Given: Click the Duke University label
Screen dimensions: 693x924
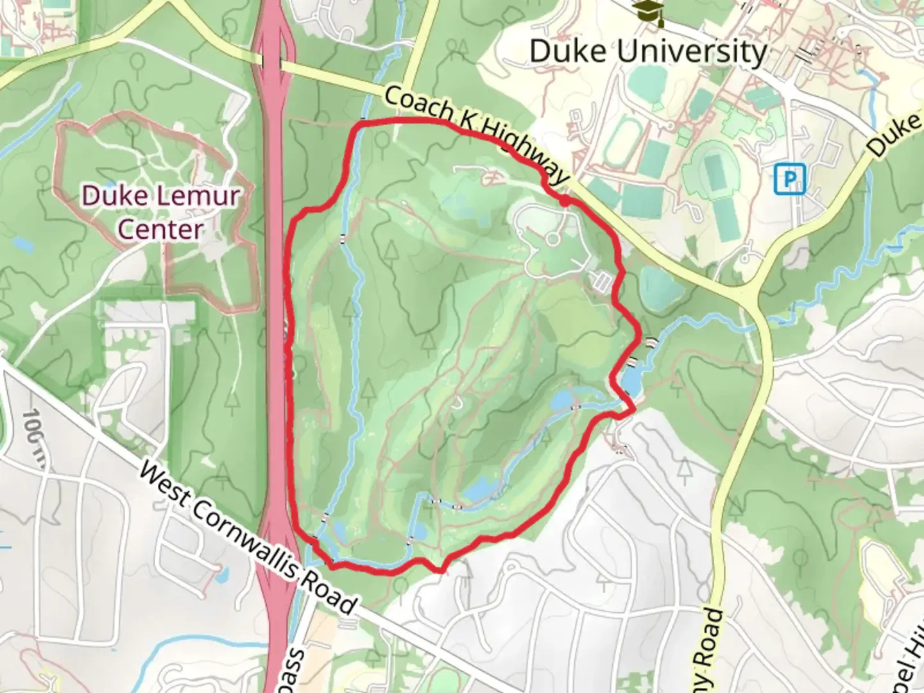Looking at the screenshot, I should click(648, 51).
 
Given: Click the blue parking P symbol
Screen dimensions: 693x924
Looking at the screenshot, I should click(789, 178).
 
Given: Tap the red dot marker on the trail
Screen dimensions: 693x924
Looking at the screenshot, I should click(564, 201).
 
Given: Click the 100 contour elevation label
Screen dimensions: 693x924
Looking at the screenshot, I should click(33, 429).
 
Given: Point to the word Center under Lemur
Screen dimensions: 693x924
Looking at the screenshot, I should click(160, 229).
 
